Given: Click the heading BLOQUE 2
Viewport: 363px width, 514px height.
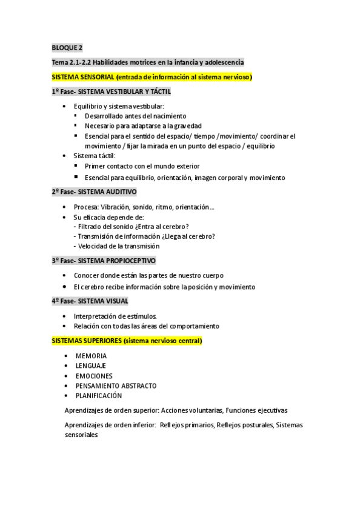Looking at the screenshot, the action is click(67, 47).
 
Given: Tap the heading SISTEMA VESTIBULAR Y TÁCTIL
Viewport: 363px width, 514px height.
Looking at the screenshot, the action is click(125, 92).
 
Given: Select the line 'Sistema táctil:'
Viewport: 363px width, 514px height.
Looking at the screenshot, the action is click(94, 156).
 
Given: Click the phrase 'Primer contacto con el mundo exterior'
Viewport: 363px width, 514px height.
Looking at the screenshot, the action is click(142, 166).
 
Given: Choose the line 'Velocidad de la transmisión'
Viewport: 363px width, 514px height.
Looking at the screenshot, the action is click(119, 246).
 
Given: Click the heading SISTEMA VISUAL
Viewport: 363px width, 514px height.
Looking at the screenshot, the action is click(104, 301).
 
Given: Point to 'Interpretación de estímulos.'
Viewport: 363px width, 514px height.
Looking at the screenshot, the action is click(115, 316).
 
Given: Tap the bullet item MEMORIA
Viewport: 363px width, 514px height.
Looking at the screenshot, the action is click(91, 356).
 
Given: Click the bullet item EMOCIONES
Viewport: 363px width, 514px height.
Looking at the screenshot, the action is click(93, 376).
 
